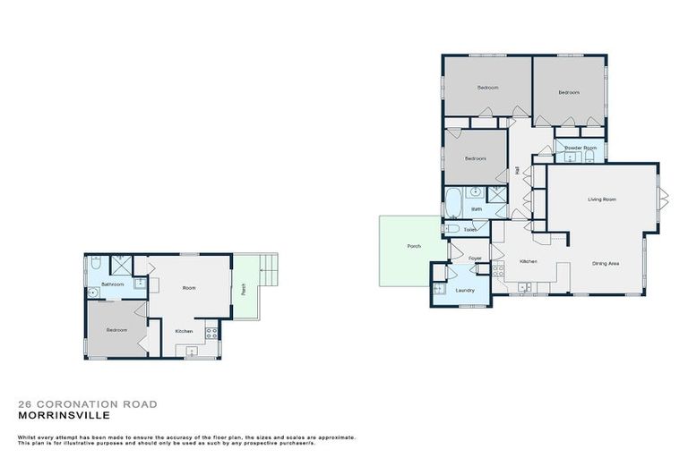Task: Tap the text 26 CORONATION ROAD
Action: [x=87, y=404]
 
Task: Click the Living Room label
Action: [x=601, y=199]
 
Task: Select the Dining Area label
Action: [x=606, y=263]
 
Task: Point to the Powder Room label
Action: [x=580, y=148]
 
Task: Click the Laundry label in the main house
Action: [x=464, y=291]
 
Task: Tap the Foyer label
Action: [x=475, y=258]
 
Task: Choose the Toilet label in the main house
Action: [x=470, y=230]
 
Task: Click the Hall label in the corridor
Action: [x=518, y=170]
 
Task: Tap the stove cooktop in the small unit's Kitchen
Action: [x=211, y=332]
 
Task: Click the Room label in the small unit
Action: [x=189, y=288]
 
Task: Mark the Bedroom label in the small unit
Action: [x=116, y=330]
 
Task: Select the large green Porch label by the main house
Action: [x=414, y=246]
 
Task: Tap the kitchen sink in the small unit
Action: [x=192, y=352]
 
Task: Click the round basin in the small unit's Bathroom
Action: [x=93, y=292]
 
